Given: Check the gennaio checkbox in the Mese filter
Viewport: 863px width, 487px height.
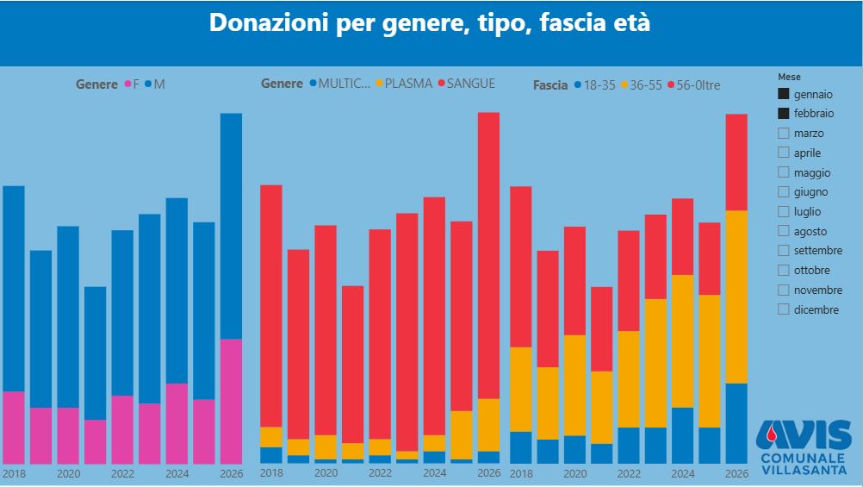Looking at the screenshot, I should [x=783, y=94].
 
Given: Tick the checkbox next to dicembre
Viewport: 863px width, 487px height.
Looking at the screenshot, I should [x=783, y=309].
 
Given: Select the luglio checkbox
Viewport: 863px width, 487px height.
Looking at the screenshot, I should [x=783, y=211].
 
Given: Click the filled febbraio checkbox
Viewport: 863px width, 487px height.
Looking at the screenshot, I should [x=783, y=113].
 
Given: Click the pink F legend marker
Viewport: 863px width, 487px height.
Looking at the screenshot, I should [x=128, y=84].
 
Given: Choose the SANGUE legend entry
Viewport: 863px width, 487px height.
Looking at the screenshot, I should [x=466, y=84].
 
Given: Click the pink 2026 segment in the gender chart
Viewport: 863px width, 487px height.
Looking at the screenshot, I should [x=231, y=401].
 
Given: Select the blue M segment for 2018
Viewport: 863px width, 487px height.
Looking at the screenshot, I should [x=14, y=289].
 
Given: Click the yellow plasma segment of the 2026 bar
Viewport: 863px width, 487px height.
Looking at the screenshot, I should [x=488, y=424].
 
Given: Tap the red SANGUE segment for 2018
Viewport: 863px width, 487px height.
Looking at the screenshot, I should [x=271, y=306].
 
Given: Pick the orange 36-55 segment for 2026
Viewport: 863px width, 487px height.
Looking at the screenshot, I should [x=736, y=297].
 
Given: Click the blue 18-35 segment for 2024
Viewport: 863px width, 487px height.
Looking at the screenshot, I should [x=682, y=435].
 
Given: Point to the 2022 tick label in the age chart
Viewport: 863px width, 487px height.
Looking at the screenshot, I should [x=629, y=474].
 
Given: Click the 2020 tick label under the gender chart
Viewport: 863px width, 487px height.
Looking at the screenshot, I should [x=68, y=474].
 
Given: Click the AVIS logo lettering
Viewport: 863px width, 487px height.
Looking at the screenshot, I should [x=803, y=434].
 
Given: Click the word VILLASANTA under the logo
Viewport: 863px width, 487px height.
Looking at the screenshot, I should [x=803, y=470].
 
